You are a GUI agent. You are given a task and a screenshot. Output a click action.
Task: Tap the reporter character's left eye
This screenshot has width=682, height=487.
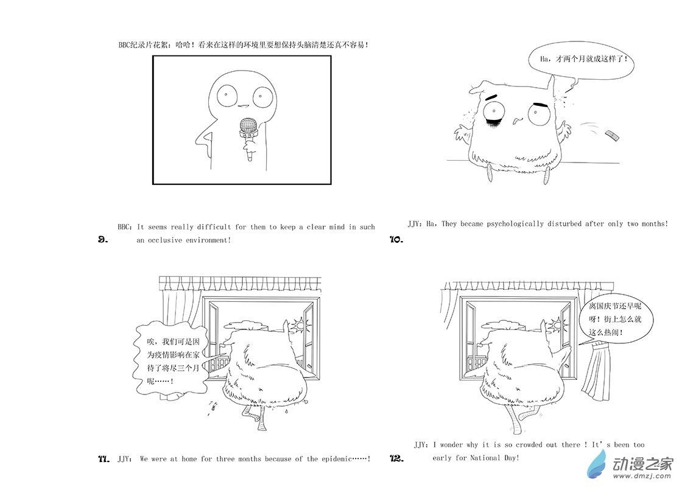227,94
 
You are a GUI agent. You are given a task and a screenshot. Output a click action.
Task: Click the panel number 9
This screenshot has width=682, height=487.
102,239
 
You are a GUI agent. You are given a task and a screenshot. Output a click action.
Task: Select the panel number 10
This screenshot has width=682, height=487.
396,239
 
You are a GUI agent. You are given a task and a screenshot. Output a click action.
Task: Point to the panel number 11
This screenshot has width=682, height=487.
104,459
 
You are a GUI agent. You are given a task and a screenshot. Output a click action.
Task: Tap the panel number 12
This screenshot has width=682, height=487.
396,458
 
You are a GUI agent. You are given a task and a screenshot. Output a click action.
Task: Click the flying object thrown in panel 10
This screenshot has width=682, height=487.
611,135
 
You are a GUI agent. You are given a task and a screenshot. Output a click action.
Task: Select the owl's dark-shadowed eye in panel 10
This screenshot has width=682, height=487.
494,113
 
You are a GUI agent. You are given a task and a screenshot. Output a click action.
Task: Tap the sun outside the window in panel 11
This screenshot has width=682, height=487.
300,324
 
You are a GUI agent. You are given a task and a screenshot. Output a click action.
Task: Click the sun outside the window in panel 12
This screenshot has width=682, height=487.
557,324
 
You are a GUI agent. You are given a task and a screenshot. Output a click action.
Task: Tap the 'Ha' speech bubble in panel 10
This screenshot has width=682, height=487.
581,61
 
